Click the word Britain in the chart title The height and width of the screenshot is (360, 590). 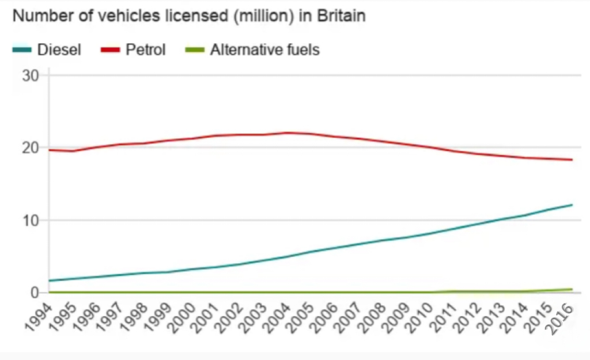point(341,16)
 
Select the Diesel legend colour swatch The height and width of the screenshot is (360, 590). point(22,50)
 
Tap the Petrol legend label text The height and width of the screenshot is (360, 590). point(146,50)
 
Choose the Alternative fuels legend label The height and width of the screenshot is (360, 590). point(265,50)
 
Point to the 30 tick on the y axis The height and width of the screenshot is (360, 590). point(31,75)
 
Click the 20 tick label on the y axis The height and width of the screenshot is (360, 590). point(31,147)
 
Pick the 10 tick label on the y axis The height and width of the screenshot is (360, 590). point(31,221)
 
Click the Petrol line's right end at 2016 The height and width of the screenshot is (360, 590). point(572,160)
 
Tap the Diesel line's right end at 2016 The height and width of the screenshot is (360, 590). point(572,204)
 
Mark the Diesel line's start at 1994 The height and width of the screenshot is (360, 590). point(50,281)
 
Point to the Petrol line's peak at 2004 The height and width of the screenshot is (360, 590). point(287,132)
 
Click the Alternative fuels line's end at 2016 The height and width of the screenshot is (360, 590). point(572,289)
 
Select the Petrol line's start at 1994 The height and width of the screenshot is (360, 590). point(50,150)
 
